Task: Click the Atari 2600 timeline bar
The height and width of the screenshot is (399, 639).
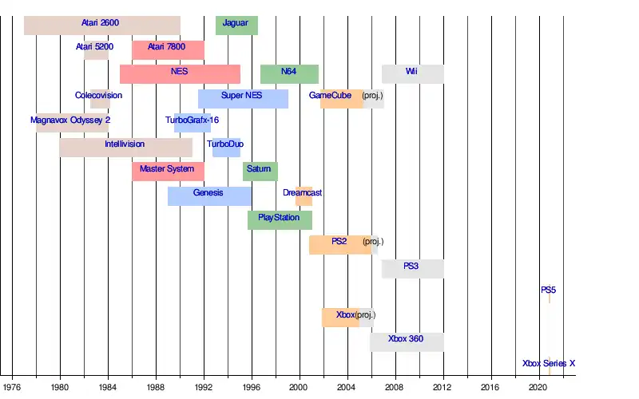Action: click(102, 25)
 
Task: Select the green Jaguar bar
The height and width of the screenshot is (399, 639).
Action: click(236, 25)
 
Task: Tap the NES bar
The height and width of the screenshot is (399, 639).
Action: click(180, 73)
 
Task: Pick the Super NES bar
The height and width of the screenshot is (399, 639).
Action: click(243, 98)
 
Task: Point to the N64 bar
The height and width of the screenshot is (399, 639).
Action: click(289, 73)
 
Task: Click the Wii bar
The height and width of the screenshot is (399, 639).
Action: click(412, 73)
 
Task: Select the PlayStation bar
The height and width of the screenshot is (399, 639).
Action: click(280, 219)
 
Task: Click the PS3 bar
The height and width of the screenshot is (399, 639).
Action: click(412, 268)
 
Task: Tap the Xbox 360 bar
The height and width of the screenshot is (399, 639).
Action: click(407, 342)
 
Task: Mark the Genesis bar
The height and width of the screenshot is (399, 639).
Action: click(209, 196)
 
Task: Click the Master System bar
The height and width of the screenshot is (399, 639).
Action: click(168, 171)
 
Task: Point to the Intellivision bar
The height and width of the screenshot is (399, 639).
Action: click(125, 147)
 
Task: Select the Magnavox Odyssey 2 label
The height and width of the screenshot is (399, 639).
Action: click(70, 120)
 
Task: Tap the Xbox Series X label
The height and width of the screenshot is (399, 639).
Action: click(548, 364)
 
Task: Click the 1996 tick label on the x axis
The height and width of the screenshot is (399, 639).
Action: click(251, 387)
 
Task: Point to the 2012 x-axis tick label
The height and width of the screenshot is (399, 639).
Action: click(443, 387)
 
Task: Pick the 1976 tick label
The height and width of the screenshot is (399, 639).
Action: click(12, 387)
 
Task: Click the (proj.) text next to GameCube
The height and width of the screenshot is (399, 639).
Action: click(373, 96)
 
